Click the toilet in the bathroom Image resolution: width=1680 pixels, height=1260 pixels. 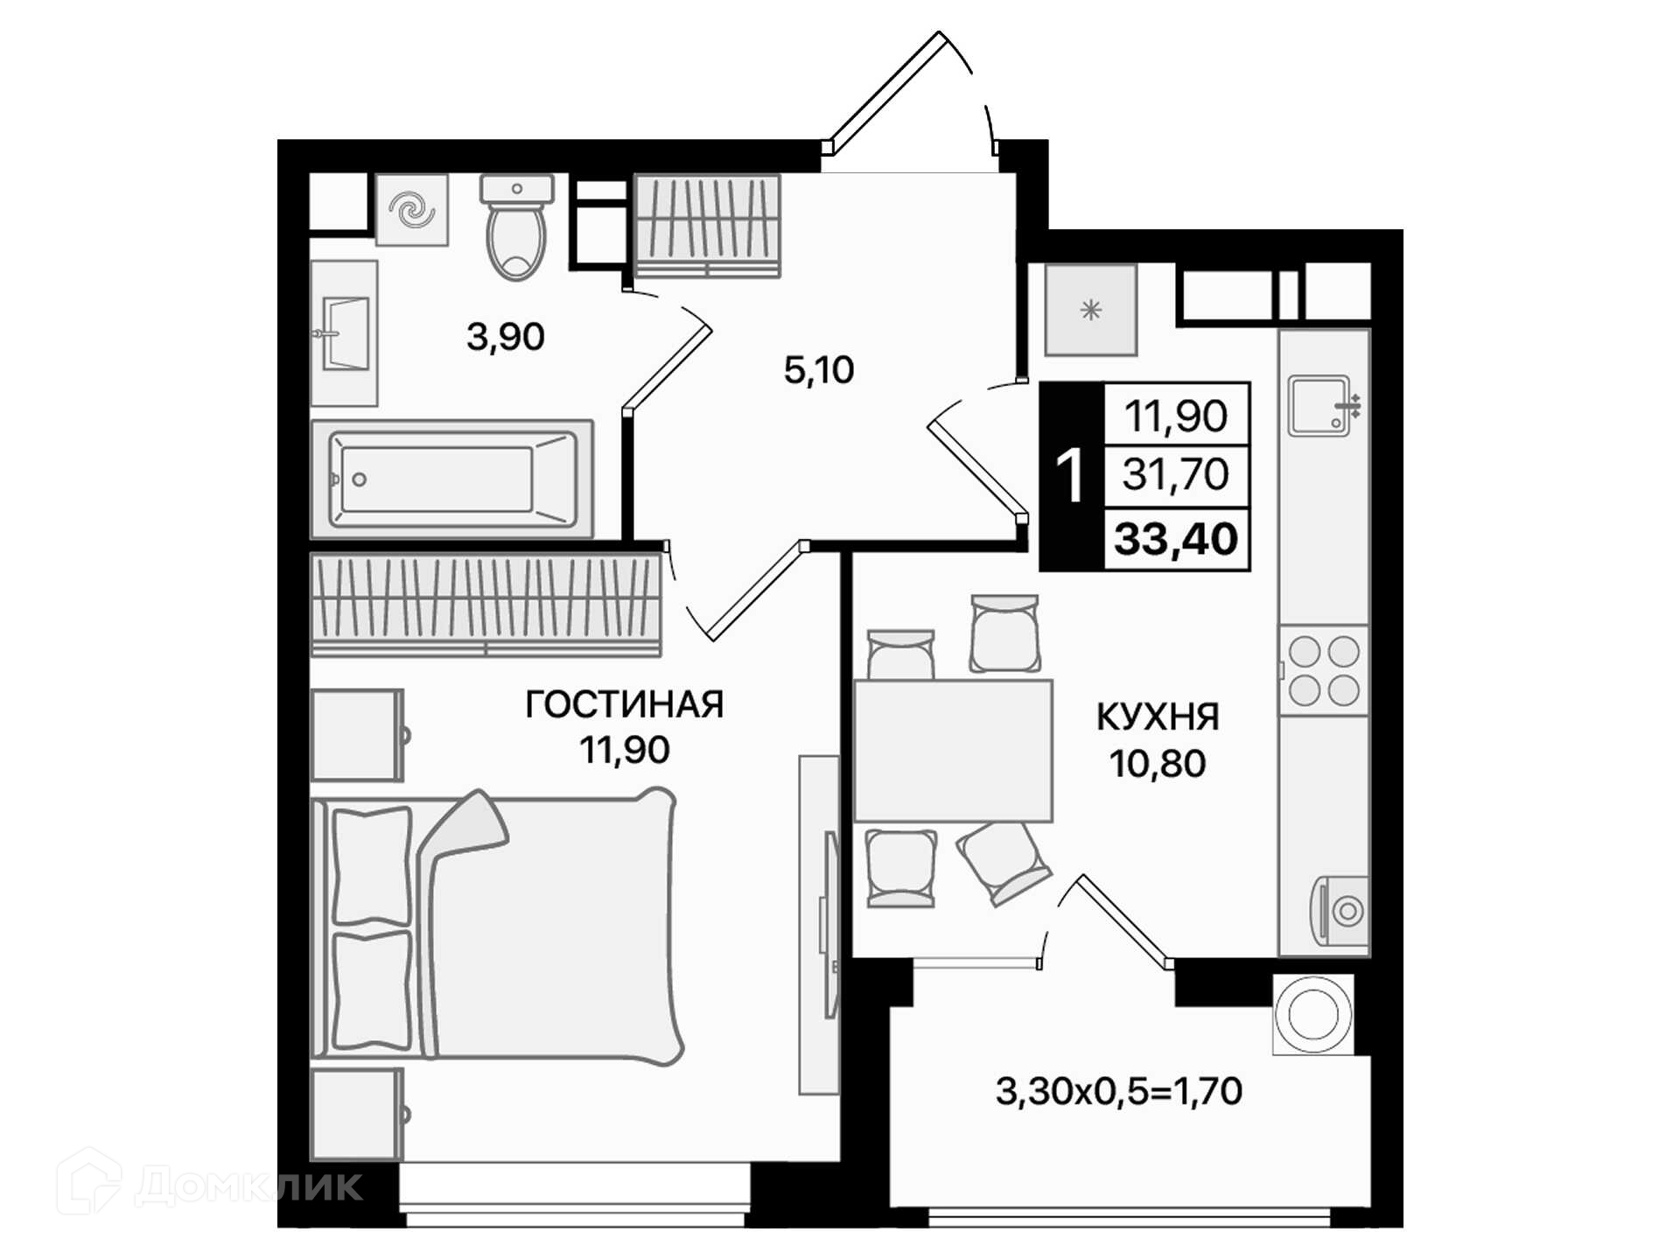(x=516, y=227)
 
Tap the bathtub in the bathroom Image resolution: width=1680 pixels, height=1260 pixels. (x=452, y=479)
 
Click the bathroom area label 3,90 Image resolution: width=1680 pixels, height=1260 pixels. (x=506, y=336)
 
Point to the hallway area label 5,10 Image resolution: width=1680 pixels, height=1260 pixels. (x=819, y=370)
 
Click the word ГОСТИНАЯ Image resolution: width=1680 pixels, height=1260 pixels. (x=625, y=704)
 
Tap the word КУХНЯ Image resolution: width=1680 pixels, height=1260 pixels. (x=1158, y=717)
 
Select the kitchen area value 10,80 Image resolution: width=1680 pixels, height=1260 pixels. (x=1158, y=764)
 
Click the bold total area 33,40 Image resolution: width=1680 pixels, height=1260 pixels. (x=1176, y=538)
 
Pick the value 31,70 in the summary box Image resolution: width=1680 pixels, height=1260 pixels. (x=1176, y=474)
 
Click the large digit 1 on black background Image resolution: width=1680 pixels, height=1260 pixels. (x=1070, y=475)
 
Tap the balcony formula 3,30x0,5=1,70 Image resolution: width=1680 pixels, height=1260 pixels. (x=1119, y=1091)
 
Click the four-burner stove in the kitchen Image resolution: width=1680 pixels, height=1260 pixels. (x=1324, y=670)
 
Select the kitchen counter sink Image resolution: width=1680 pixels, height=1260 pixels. (x=1321, y=405)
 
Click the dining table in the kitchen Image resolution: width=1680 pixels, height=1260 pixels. (x=953, y=751)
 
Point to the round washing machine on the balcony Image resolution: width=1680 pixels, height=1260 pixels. (x=1313, y=1014)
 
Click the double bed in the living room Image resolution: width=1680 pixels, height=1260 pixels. (x=497, y=927)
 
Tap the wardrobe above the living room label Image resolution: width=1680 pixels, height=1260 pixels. (x=486, y=604)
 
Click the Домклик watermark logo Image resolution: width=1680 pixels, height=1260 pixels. (x=210, y=1182)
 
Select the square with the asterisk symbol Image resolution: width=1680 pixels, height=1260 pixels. (x=1090, y=310)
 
